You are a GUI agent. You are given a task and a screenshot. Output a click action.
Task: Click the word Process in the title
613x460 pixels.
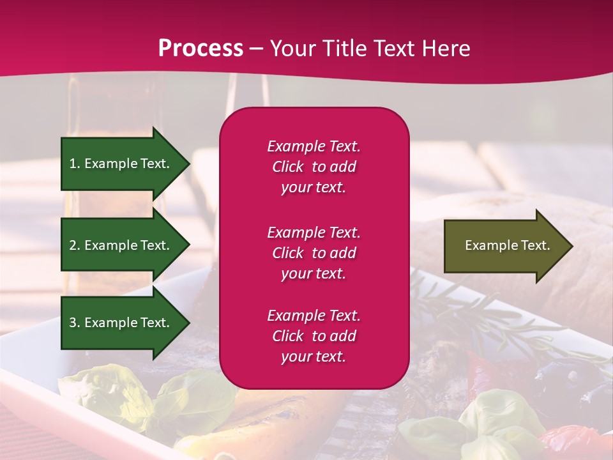[x=201, y=49]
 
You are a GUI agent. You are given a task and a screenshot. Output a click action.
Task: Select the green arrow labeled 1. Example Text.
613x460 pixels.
[x=121, y=164]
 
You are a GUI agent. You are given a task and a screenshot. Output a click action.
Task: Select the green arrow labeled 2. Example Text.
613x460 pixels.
[x=121, y=245]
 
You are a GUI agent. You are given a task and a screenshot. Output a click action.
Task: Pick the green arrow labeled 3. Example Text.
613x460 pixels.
[x=121, y=323]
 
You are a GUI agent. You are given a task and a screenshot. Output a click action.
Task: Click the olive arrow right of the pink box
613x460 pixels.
[x=504, y=246]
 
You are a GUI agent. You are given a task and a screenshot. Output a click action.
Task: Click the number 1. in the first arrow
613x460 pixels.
[x=75, y=164]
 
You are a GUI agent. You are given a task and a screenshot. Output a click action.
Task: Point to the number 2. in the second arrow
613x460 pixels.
[x=75, y=245]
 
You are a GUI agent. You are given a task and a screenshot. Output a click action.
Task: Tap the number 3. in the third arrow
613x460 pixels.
[x=75, y=323]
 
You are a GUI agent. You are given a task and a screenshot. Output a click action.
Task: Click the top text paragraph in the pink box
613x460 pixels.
[x=314, y=167]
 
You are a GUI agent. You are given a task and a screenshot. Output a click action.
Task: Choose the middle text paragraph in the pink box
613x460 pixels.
[x=314, y=253]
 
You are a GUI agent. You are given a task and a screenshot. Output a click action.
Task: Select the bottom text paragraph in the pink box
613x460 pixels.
[x=314, y=336]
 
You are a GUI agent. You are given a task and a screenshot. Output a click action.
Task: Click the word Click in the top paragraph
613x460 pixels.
[x=288, y=167]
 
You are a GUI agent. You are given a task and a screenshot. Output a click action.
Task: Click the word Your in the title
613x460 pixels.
[x=293, y=49]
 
